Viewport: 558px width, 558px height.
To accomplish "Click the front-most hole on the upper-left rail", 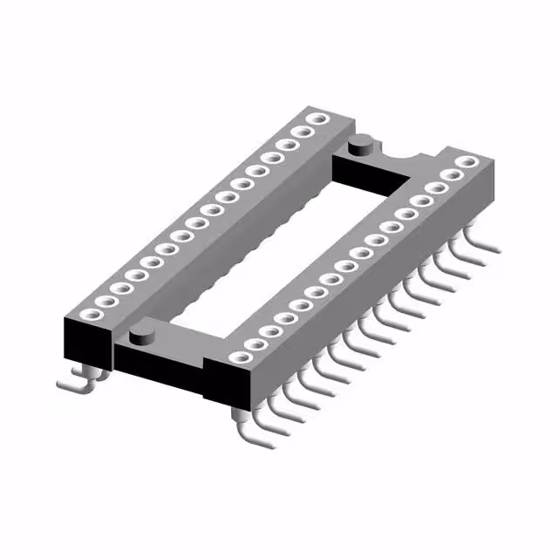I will pos(88,313).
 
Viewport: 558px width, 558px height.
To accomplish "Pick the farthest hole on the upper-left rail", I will pos(319,118).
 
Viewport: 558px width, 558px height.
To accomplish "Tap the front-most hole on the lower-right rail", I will pos(237,356).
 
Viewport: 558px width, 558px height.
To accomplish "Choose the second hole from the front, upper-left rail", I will pos(104,301).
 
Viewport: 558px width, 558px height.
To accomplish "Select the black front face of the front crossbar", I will pos(157,371).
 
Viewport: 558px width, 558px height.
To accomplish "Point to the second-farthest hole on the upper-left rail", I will pos(303,131).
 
